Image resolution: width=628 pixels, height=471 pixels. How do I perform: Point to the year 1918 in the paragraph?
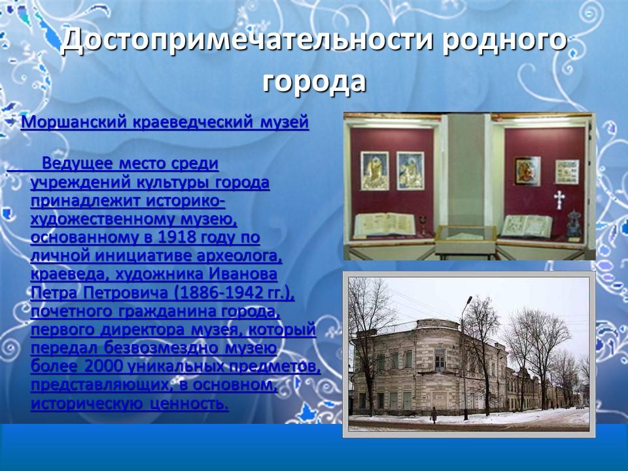[171, 237]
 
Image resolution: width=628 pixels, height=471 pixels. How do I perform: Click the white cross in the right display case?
[559, 197]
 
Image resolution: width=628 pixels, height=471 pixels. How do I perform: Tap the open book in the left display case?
[384, 224]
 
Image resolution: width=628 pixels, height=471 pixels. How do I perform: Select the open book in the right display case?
[526, 224]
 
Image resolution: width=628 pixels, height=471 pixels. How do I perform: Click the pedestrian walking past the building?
[433, 414]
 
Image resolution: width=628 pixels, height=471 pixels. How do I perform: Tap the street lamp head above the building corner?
[468, 300]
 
